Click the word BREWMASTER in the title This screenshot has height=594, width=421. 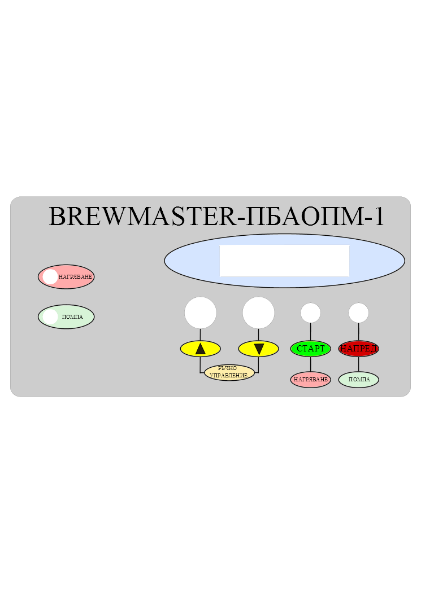pyautogui.click(x=143, y=217)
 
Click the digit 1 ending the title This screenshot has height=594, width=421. pyautogui.click(x=379, y=217)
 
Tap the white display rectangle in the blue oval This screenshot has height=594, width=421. pyautogui.click(x=284, y=261)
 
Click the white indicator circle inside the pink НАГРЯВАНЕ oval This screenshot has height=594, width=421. pyautogui.click(x=50, y=276)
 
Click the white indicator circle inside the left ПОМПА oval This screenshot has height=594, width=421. pyautogui.click(x=50, y=316)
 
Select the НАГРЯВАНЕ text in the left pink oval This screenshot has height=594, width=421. pyautogui.click(x=75, y=277)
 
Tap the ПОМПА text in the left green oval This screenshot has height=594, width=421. pyautogui.click(x=72, y=316)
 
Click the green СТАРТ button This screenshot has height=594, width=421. pyautogui.click(x=311, y=349)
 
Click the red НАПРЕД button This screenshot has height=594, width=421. pyautogui.click(x=359, y=349)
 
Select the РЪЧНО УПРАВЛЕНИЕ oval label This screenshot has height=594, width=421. pyautogui.click(x=229, y=372)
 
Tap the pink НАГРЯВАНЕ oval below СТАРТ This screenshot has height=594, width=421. pyautogui.click(x=311, y=380)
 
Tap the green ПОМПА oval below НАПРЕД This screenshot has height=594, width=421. pyautogui.click(x=359, y=380)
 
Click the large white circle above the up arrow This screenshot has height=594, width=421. pyautogui.click(x=201, y=313)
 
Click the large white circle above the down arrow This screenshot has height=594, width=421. pyautogui.click(x=258, y=313)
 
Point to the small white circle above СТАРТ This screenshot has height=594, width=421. pyautogui.click(x=311, y=313)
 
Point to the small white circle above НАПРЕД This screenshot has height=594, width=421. pyautogui.click(x=359, y=313)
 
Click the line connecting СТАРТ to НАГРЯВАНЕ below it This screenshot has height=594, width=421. pyautogui.click(x=311, y=364)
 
